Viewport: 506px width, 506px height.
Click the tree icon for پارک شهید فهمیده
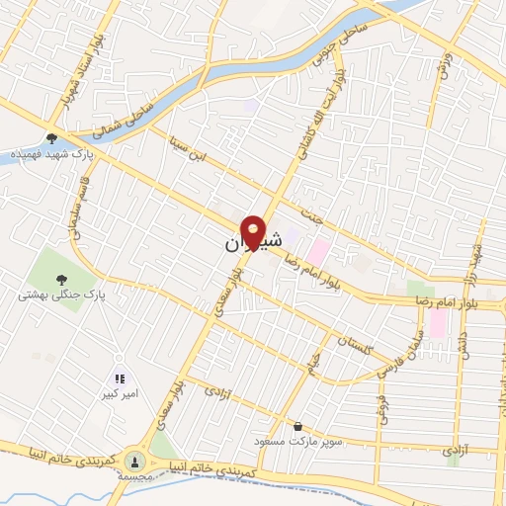[x=51, y=138]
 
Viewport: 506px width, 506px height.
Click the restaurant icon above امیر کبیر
[x=120, y=379]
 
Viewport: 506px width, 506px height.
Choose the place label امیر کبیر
[x=120, y=394]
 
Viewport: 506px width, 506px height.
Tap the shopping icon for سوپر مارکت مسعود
[x=297, y=426]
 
